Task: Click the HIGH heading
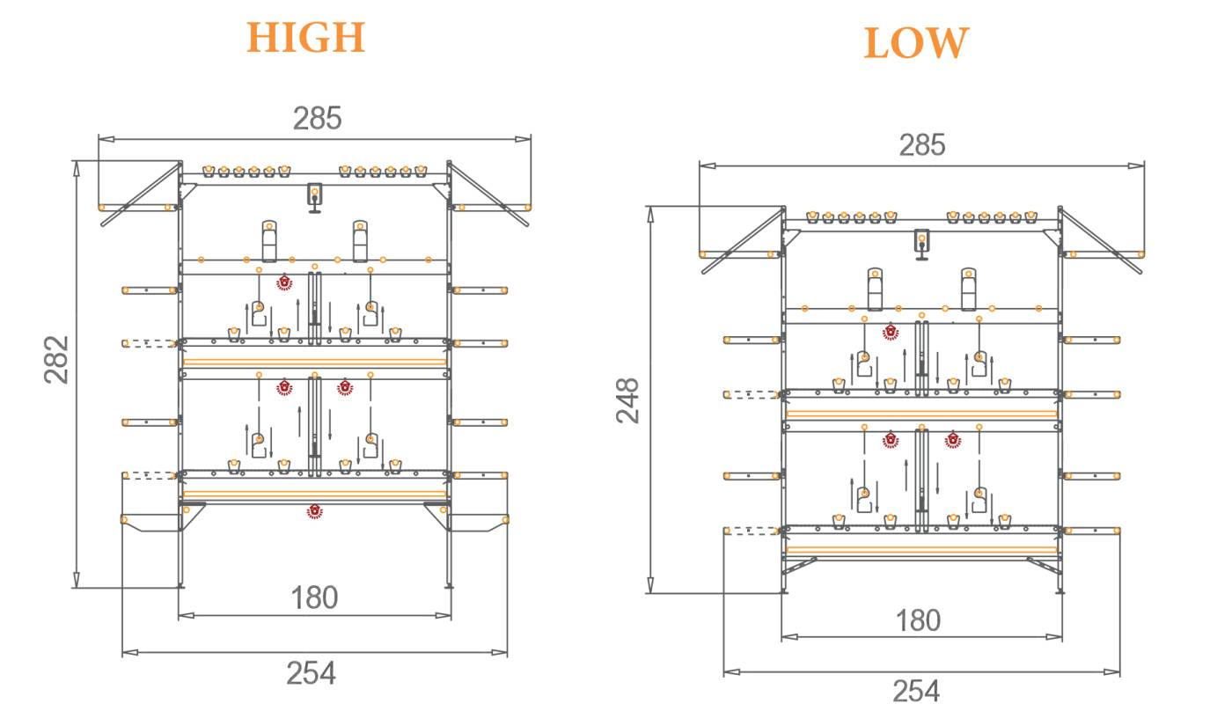[305, 38]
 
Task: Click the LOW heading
[916, 43]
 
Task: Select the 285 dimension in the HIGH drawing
[317, 118]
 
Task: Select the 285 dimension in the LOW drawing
[921, 145]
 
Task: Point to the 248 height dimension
[628, 400]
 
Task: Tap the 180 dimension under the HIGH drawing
[314, 598]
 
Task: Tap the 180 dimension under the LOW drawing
[918, 620]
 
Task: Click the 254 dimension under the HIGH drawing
[311, 673]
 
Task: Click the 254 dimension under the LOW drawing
[916, 691]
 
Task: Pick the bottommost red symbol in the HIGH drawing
[314, 511]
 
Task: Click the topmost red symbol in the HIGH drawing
[284, 282]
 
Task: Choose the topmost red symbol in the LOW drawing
[891, 332]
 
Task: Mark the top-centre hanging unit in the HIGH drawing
[314, 196]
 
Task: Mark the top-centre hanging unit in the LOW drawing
[921, 242]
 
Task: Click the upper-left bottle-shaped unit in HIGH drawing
[269, 241]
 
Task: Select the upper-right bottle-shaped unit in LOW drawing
[968, 289]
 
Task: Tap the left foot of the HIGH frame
[180, 583]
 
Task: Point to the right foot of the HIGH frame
[450, 583]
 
